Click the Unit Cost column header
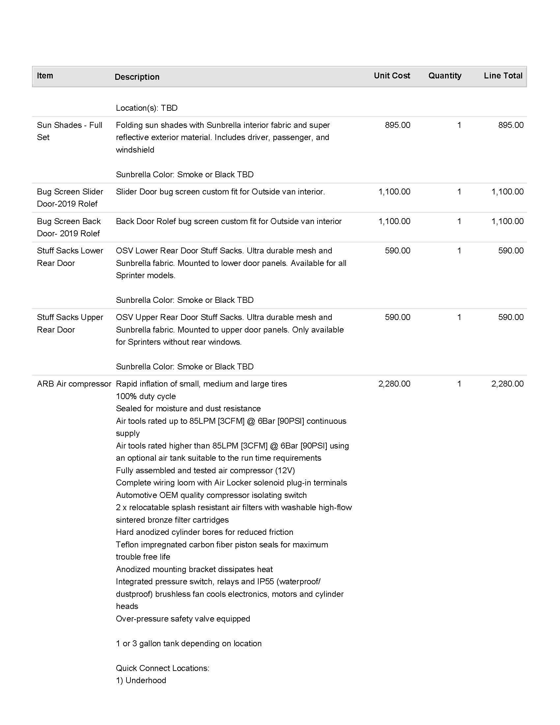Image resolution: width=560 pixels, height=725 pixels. [391, 76]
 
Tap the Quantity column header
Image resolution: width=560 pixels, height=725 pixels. [445, 76]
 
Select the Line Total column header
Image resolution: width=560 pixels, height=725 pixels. [503, 76]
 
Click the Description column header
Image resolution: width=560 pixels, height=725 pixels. [137, 77]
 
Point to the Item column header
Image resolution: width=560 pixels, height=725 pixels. [45, 76]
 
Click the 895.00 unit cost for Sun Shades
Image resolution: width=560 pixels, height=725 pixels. [398, 125]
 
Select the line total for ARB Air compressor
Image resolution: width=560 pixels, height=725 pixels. [507, 384]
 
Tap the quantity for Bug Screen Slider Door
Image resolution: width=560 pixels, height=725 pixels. [459, 191]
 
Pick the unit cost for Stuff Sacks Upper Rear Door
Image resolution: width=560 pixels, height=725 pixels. [398, 317]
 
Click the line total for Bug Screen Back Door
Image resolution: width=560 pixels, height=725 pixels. [507, 221]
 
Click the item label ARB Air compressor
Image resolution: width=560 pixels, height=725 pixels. [74, 384]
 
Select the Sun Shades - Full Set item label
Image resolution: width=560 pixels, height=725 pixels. [69, 131]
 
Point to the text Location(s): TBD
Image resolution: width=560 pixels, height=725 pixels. [147, 108]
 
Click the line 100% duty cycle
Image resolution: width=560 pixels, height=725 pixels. [146, 396]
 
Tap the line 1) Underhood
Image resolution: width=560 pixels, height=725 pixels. [141, 680]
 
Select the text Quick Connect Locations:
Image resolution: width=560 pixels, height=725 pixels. [162, 668]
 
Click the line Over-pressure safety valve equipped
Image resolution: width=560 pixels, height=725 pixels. [183, 619]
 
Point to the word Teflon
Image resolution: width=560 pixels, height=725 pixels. [127, 544]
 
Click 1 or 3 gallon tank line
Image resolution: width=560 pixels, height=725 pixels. [188, 643]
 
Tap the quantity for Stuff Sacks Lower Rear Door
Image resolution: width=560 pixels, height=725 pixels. [459, 251]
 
